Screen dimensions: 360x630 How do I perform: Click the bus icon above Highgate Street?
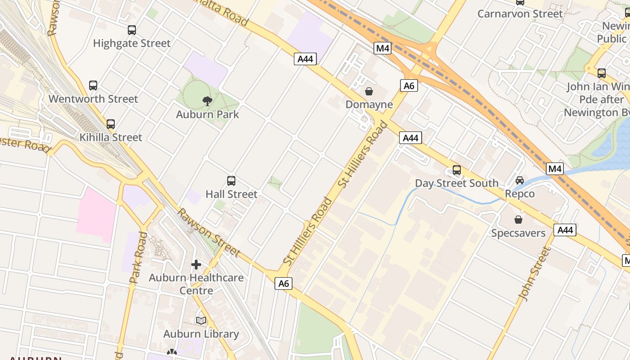pyautogui.click(x=131, y=30)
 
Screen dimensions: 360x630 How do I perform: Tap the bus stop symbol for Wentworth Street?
pyautogui.click(x=93, y=85)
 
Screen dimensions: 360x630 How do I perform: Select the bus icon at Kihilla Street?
pyautogui.click(x=111, y=124)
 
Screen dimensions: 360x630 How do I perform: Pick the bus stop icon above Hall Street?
pyautogui.click(x=231, y=181)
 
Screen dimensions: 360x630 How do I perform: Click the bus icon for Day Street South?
pyautogui.click(x=457, y=170)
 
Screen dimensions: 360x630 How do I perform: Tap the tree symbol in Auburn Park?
pyautogui.click(x=207, y=101)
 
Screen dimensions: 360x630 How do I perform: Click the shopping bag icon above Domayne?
pyautogui.click(x=369, y=91)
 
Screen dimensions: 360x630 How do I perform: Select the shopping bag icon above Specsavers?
pyautogui.click(x=518, y=220)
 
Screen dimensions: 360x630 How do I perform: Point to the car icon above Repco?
pyautogui.click(x=520, y=180)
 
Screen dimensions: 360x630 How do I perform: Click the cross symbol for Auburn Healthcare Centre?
pyautogui.click(x=196, y=264)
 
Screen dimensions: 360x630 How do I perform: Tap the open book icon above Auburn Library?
pyautogui.click(x=201, y=320)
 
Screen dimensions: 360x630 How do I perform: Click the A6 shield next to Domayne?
pyautogui.click(x=409, y=85)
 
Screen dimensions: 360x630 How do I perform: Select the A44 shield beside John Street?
pyautogui.click(x=565, y=230)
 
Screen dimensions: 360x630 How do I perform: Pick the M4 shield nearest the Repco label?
pyautogui.click(x=555, y=169)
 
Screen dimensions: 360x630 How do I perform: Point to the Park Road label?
pyautogui.click(x=138, y=258)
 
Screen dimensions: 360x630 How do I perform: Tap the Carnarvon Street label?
pyautogui.click(x=520, y=13)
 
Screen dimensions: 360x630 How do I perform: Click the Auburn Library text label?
pyautogui.click(x=201, y=334)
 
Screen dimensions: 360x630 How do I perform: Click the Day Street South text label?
pyautogui.click(x=457, y=183)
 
